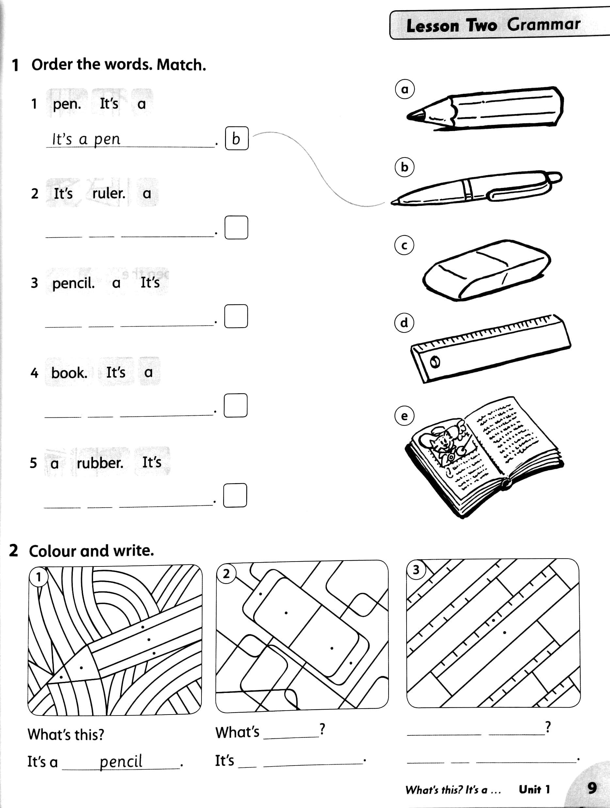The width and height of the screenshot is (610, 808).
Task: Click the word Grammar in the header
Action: tap(543, 25)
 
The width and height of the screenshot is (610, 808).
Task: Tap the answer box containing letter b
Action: tap(237, 139)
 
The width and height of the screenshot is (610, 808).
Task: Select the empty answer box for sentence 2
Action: tap(236, 227)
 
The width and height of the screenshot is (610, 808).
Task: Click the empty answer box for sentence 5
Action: tap(235, 496)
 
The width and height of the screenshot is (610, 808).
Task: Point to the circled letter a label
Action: tap(405, 89)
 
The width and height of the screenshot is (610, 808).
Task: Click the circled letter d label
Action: tap(404, 323)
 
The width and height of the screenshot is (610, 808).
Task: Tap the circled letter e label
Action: tap(404, 416)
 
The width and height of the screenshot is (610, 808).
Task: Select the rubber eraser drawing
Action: tap(487, 270)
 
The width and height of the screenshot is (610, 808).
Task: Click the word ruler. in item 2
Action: tap(109, 193)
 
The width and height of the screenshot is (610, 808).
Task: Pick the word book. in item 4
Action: tap(69, 373)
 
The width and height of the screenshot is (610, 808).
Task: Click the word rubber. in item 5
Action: tap(100, 463)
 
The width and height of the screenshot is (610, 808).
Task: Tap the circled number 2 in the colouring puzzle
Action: tap(226, 574)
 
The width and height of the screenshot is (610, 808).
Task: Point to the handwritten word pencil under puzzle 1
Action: tap(121, 761)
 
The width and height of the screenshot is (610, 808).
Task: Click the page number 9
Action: tap(592, 788)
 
